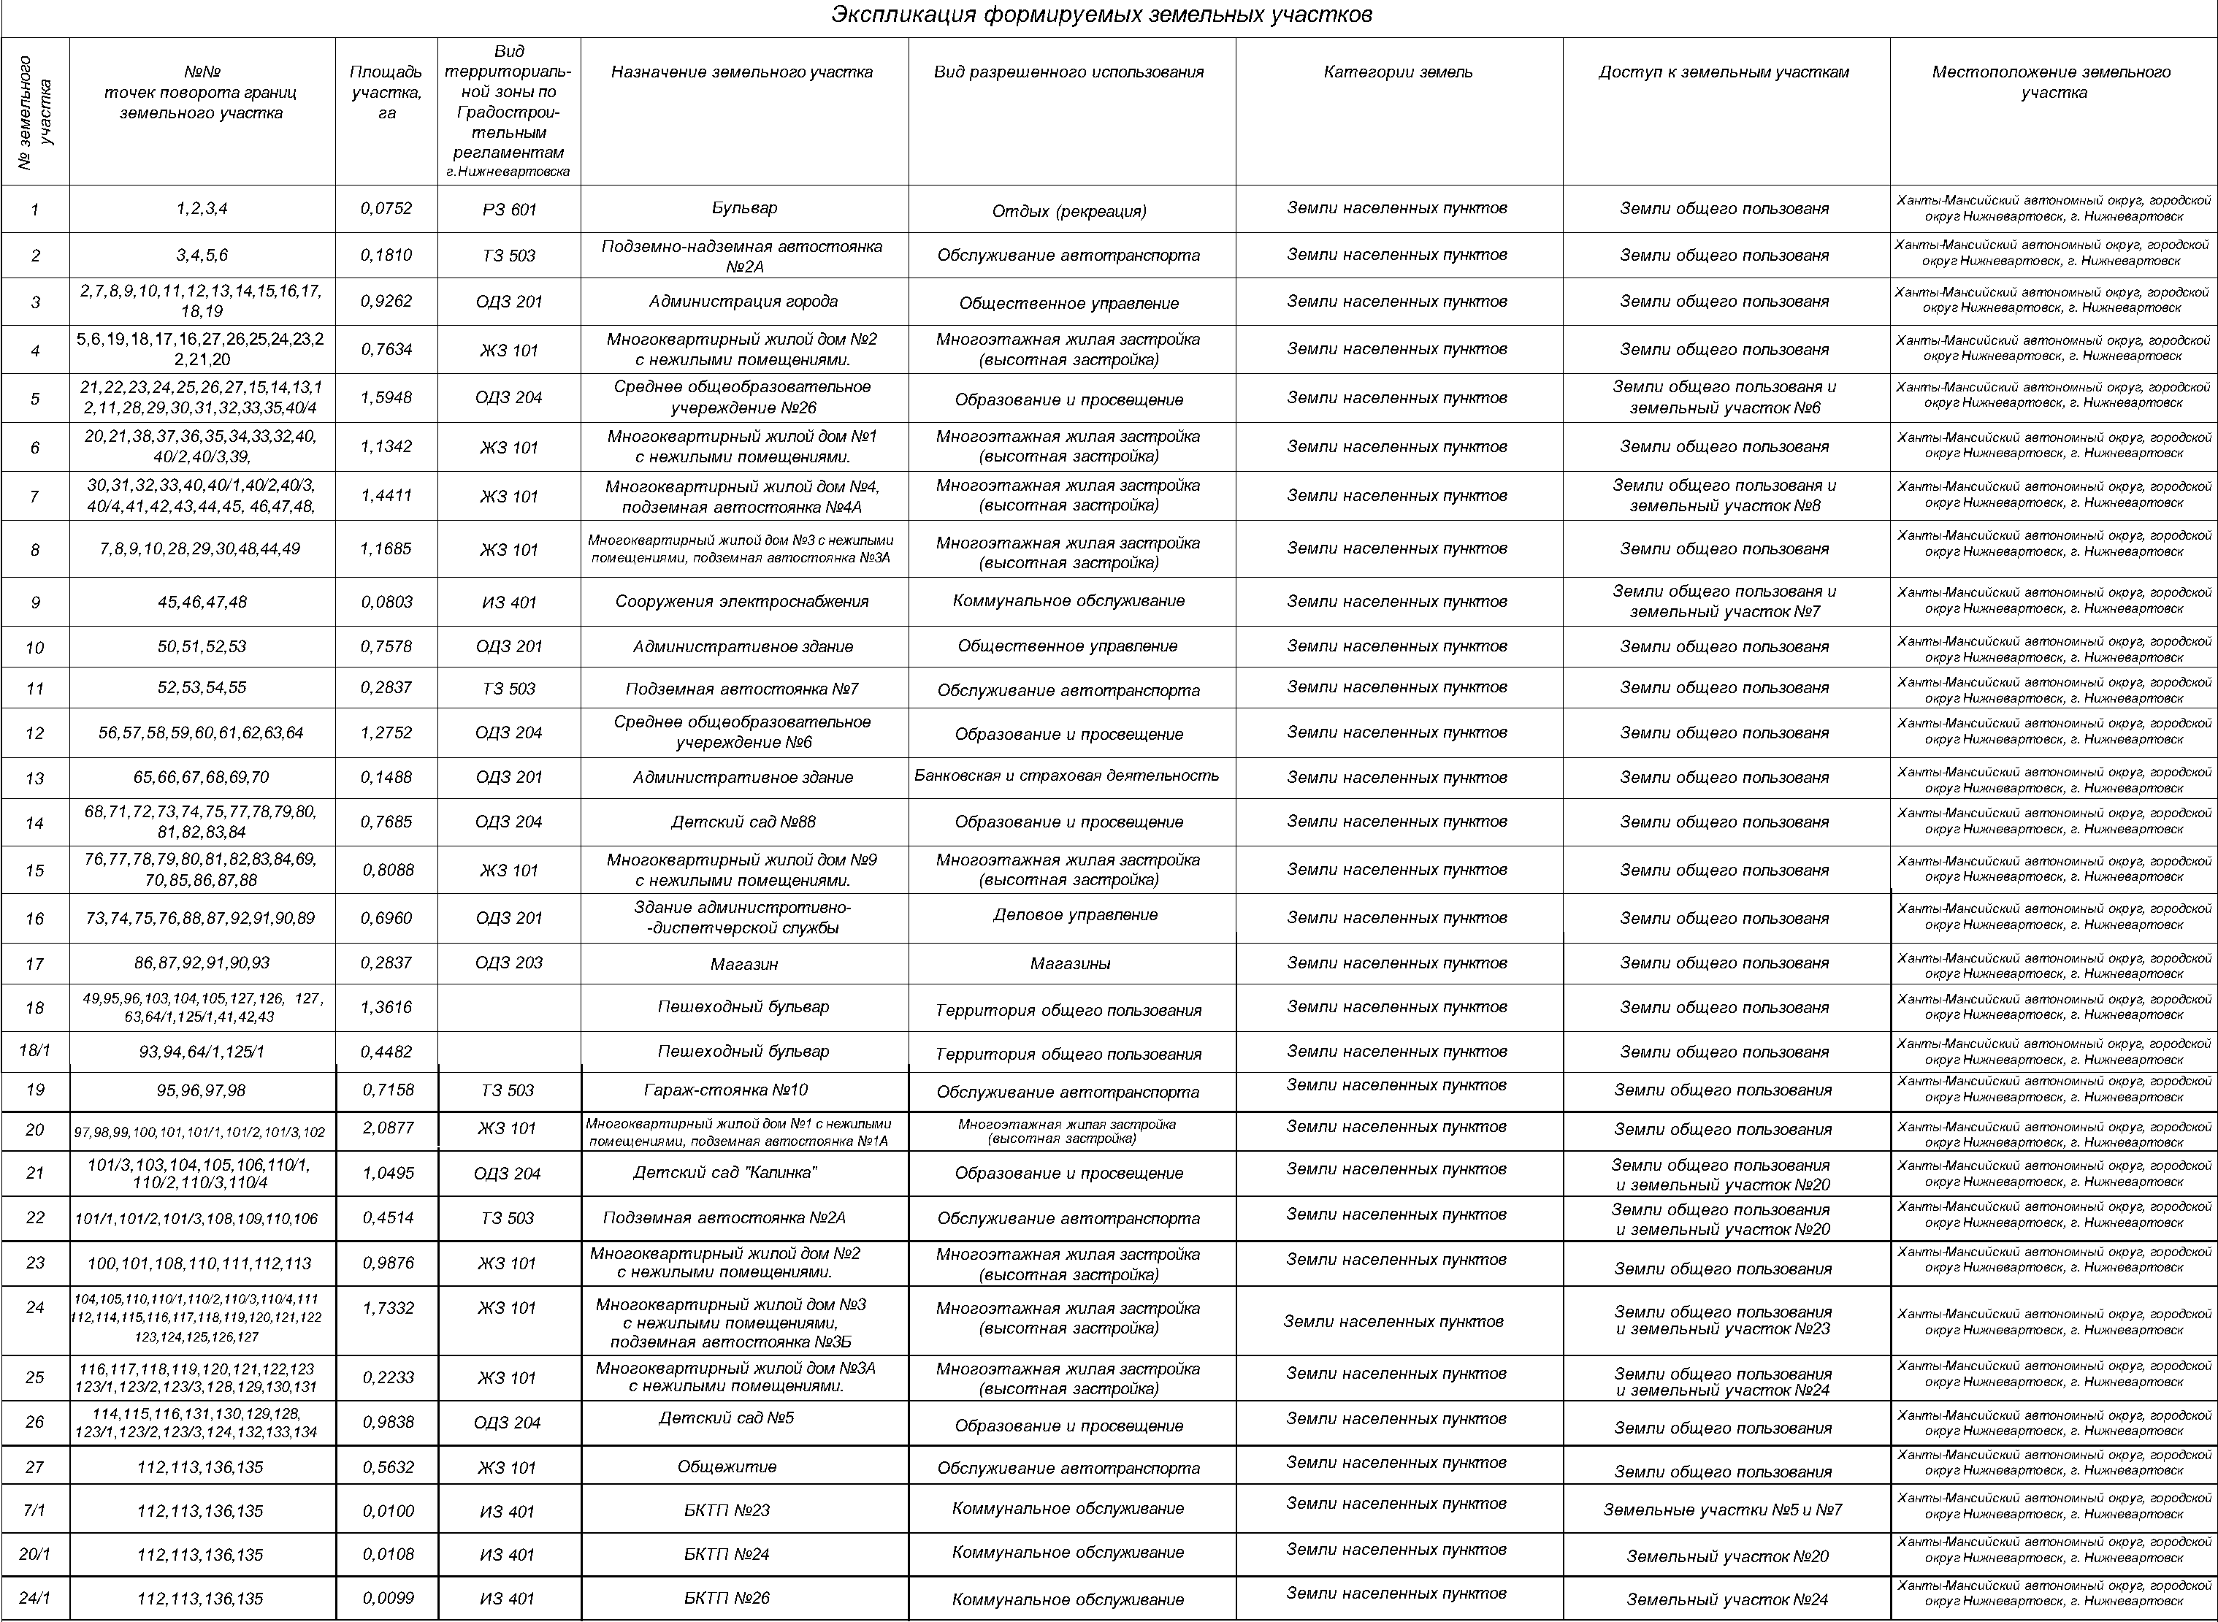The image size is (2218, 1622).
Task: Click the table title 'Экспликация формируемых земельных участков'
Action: (1101, 16)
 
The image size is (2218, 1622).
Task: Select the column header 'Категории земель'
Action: (1397, 72)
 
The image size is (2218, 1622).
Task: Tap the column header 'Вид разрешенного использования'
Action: (1068, 72)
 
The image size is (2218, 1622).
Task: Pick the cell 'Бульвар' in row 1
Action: (743, 208)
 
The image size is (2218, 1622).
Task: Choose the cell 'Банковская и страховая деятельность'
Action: (1066, 776)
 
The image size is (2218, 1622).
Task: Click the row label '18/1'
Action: (34, 1051)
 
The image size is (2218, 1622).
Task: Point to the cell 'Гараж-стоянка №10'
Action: (727, 1090)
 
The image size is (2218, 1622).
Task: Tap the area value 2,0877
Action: (387, 1128)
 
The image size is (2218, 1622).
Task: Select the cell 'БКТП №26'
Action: (727, 1597)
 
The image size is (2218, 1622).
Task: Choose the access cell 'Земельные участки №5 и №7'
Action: (1722, 1509)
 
